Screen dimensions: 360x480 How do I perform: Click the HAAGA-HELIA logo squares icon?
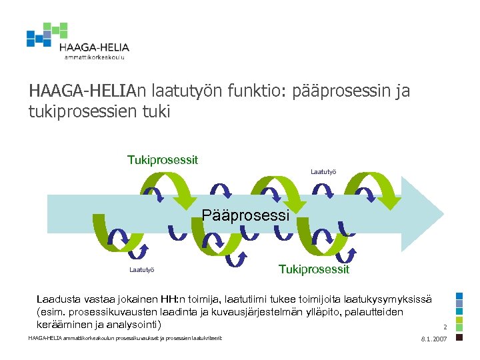[47, 35]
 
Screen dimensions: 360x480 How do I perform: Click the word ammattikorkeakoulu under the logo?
[94, 57]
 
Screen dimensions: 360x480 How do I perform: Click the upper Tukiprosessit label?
[163, 160]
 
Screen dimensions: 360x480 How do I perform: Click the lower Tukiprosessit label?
[313, 269]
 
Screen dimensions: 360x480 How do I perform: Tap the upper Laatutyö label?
[323, 172]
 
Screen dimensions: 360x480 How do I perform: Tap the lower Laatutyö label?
[142, 270]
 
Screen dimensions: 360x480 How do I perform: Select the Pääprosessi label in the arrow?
[245, 216]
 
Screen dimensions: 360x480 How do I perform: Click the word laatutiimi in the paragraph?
[243, 300]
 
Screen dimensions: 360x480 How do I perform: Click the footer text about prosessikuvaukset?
[125, 339]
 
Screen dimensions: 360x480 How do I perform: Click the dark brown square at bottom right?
[459, 337]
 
